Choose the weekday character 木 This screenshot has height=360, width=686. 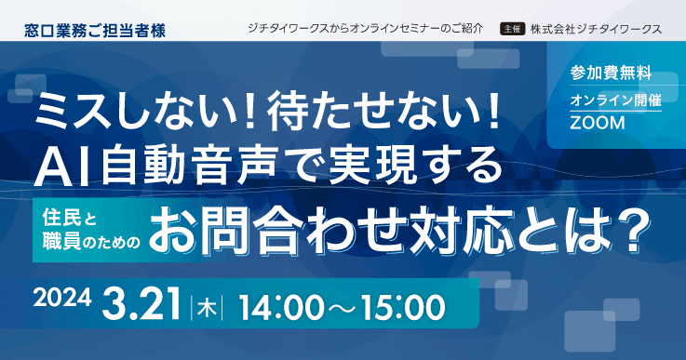[207, 305]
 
